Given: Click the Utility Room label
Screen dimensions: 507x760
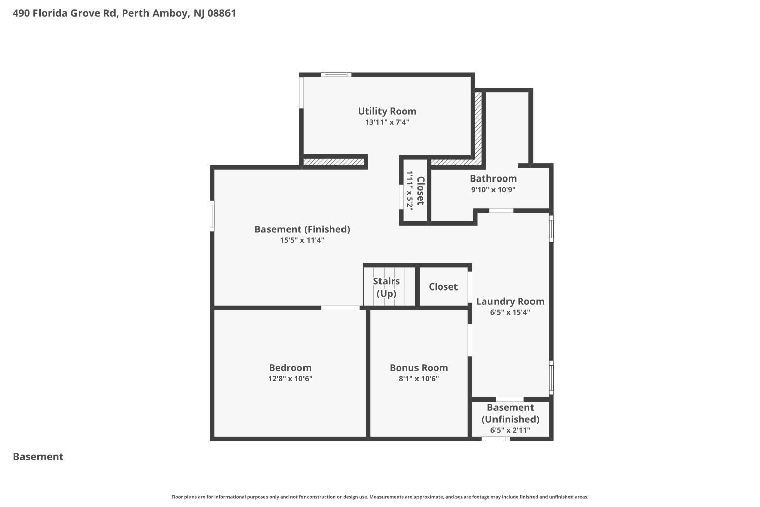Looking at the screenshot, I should [387, 111].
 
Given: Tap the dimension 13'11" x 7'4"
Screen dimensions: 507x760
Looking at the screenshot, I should [387, 122].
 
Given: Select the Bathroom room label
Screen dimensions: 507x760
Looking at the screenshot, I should [493, 178].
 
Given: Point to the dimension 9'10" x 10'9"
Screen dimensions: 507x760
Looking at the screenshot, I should [493, 190].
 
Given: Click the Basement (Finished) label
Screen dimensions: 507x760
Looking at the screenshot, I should [302, 229].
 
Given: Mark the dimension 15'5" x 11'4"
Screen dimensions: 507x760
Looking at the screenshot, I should [302, 240].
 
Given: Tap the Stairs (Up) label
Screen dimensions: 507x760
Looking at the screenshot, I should [386, 287].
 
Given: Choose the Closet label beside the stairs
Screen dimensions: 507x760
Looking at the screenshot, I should [443, 287].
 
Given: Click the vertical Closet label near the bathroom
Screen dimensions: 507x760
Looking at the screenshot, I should [420, 191].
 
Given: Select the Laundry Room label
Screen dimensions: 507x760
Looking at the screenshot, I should [510, 301].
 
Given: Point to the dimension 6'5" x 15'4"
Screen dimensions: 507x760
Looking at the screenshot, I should [510, 312].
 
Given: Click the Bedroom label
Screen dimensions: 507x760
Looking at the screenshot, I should [290, 368].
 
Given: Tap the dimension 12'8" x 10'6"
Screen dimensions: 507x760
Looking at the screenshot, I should [290, 379].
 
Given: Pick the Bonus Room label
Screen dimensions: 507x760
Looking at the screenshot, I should [419, 368].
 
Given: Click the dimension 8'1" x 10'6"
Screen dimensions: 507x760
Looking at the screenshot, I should [419, 379].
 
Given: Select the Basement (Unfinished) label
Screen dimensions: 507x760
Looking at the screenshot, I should [510, 413].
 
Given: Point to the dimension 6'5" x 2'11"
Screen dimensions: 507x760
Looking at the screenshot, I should [510, 430].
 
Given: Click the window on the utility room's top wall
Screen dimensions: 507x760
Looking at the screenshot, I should [335, 75].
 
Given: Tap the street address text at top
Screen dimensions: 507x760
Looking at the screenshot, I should [124, 13].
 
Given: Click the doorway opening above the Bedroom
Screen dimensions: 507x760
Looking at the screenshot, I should [340, 308].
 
